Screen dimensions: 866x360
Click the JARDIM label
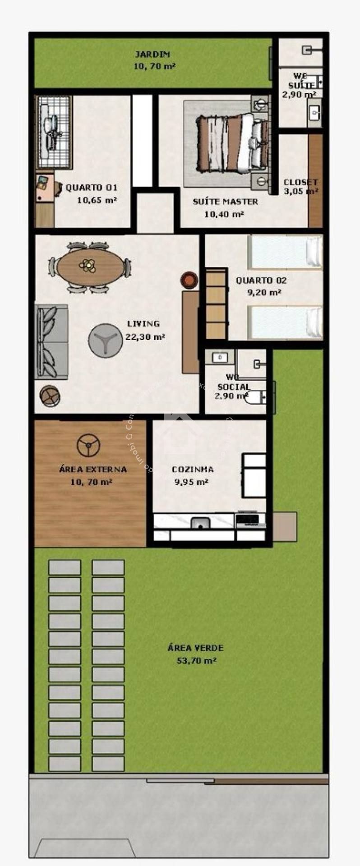[x=152, y=55]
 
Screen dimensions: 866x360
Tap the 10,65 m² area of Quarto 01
[x=97, y=200]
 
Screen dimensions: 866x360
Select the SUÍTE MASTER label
[x=225, y=202]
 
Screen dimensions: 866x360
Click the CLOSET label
[x=300, y=182]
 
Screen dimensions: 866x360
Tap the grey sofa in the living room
[x=51, y=341]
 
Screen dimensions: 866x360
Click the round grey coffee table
[x=105, y=341]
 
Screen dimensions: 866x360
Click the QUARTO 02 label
[x=261, y=280]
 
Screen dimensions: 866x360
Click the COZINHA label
[x=193, y=470]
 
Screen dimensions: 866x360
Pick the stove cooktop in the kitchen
[x=247, y=520]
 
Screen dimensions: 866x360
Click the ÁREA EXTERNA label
[x=92, y=470]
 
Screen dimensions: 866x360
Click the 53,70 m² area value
[x=196, y=661]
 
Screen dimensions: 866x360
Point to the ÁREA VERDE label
[x=195, y=648]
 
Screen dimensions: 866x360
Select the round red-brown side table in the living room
[x=189, y=280]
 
